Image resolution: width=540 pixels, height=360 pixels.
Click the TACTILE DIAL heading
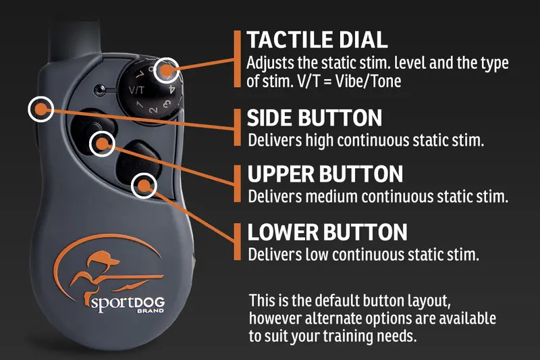pos(317,40)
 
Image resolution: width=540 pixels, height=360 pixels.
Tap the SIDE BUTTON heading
pos(315,118)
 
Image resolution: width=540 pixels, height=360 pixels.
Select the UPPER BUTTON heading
pos(325,174)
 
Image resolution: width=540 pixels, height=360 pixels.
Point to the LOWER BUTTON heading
pos(327,232)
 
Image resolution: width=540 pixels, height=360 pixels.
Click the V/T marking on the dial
pos(136,91)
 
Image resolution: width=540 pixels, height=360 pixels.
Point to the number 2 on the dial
pos(153,110)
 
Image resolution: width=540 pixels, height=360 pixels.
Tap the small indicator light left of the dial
pos(99,91)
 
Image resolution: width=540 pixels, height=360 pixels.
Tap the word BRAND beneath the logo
pos(151,311)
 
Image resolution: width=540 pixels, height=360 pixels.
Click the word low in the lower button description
pos(317,255)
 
